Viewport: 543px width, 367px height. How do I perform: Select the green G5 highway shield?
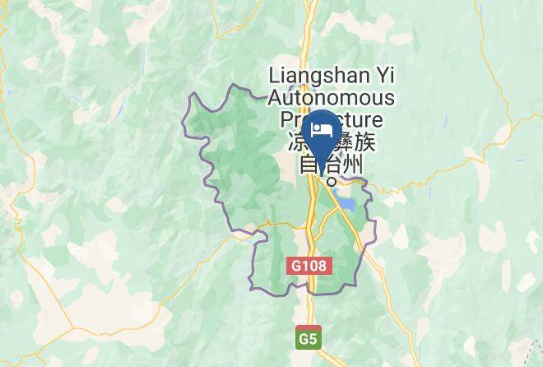tap(308, 337)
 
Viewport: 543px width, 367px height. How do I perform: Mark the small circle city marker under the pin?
tap(332, 181)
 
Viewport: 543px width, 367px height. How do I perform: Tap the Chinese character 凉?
tap(298, 142)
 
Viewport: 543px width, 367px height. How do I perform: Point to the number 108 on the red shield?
tap(313, 267)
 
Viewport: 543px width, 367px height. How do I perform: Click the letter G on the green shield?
tap(304, 337)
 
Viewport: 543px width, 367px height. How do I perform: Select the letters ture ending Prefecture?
tap(375, 121)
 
